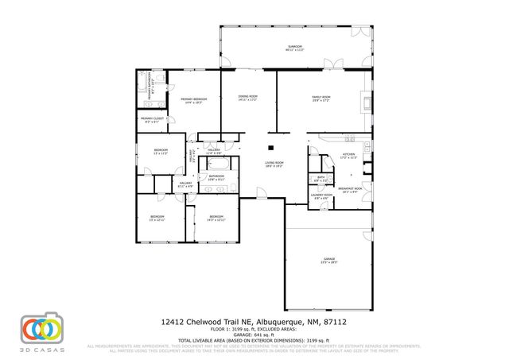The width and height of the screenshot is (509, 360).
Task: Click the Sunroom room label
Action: coord(295,48)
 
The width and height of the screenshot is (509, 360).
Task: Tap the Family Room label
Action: coord(321,98)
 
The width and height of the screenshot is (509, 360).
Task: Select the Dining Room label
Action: coord(247,98)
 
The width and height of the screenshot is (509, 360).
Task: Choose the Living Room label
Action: coord(274,164)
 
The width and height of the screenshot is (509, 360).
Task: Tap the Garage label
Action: coord(329,260)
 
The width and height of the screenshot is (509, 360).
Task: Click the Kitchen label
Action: coord(348,155)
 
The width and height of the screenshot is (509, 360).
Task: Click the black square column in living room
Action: coord(271,146)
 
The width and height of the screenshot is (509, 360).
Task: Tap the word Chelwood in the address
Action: coord(203,322)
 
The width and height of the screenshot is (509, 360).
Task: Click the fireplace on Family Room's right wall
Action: coord(367,102)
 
